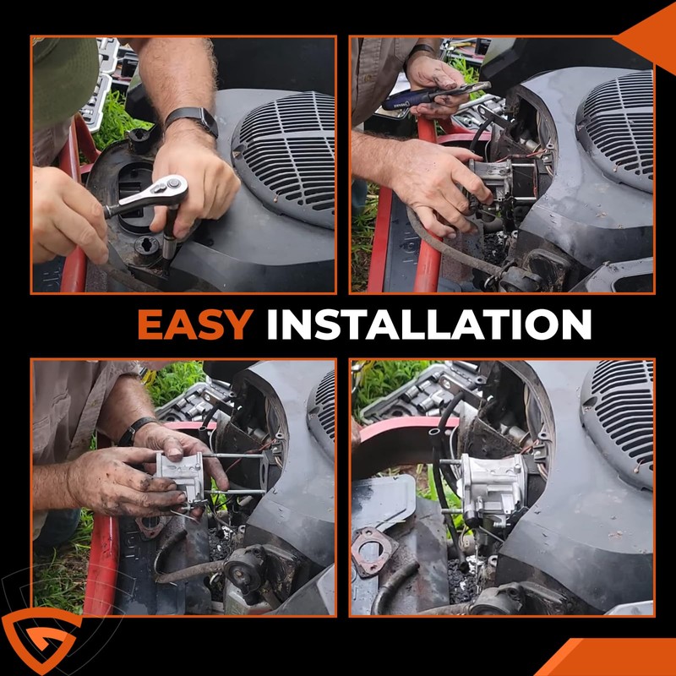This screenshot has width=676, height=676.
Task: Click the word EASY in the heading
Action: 195,324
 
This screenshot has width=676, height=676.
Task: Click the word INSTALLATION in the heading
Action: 429,324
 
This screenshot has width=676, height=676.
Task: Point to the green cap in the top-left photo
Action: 65,78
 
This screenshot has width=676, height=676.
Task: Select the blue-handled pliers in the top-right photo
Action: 434,95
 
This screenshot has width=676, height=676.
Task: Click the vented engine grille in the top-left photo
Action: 286,157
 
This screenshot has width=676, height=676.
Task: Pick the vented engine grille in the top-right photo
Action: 617,129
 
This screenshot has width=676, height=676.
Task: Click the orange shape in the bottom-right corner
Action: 612,657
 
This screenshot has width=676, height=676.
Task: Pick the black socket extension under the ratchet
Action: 170,237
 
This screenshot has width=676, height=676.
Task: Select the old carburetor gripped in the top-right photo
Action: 496,181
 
